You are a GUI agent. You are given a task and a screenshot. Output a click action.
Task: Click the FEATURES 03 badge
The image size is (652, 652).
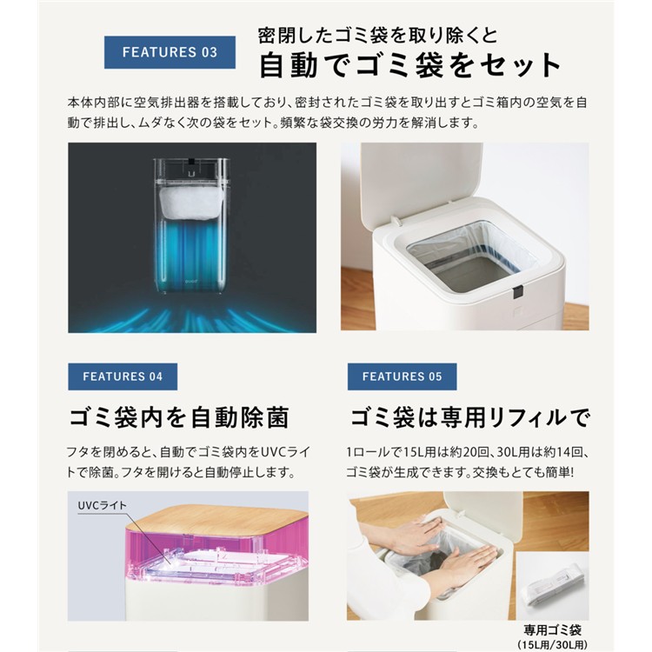point(170,52)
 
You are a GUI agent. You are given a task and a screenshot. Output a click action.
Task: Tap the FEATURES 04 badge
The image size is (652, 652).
point(123,376)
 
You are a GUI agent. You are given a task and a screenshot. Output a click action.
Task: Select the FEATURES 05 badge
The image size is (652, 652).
point(403,376)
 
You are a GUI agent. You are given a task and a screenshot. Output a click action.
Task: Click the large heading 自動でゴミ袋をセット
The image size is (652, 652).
point(410,65)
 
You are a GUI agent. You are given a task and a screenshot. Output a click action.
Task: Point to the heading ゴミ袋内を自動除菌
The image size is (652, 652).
point(179,417)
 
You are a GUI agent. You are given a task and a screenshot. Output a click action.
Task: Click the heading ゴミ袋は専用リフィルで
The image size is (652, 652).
point(469,417)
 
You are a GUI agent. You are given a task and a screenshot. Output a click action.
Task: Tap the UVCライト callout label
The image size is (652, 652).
point(103,506)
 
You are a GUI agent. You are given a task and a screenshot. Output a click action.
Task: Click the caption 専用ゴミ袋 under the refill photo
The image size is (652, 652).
point(552,630)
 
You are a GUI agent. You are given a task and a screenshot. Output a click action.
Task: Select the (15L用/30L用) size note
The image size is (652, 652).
point(552,645)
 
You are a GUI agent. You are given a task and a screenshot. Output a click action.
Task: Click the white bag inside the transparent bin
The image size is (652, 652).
point(192,203)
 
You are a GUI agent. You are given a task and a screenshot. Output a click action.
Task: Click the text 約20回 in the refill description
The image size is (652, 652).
point(457,452)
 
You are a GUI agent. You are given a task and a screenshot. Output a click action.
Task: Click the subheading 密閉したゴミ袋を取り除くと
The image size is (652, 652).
point(377,36)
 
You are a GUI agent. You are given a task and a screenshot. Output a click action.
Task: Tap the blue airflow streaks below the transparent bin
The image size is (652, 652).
point(191,318)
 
